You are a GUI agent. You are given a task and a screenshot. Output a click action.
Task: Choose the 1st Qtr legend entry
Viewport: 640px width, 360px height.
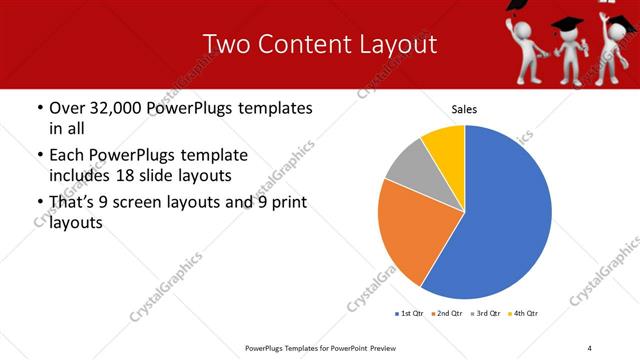point(411,314)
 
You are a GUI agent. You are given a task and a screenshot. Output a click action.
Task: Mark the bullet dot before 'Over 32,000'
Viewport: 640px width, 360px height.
point(39,108)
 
